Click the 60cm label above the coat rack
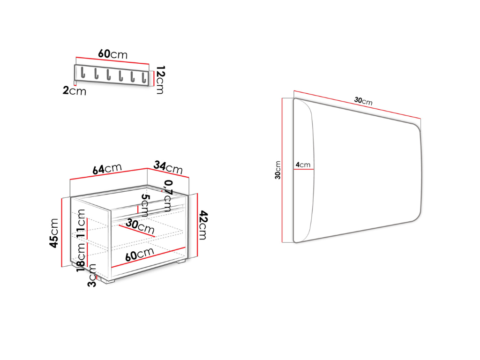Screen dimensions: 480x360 pyautogui.click(x=112, y=54)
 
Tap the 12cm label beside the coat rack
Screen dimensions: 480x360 pyautogui.click(x=160, y=80)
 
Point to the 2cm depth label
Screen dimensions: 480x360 pyautogui.click(x=75, y=90)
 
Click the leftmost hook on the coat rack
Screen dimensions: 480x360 pyautogui.click(x=82, y=73)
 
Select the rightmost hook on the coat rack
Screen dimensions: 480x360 pyautogui.click(x=143, y=77)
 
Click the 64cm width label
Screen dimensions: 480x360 pyautogui.click(x=107, y=168)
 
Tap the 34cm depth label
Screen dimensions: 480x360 pyautogui.click(x=168, y=167)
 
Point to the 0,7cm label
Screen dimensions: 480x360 pyautogui.click(x=168, y=196)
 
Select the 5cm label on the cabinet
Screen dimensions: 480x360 pyautogui.click(x=144, y=205)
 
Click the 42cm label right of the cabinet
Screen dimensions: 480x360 pyautogui.click(x=202, y=225)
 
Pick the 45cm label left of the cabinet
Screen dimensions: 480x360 pyautogui.click(x=54, y=233)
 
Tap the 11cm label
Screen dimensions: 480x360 pyautogui.click(x=81, y=223)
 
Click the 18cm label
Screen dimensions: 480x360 pyautogui.click(x=81, y=256)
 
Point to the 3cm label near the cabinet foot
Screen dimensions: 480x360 pyautogui.click(x=92, y=275)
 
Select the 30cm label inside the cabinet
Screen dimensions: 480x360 pyautogui.click(x=140, y=226)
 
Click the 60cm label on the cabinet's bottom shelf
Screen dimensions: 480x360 pyautogui.click(x=139, y=254)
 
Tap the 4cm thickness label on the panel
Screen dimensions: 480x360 pyautogui.click(x=303, y=165)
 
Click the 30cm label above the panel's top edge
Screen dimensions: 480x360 pyautogui.click(x=363, y=101)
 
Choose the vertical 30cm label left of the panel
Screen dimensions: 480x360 pyautogui.click(x=277, y=170)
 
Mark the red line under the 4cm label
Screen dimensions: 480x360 pyautogui.click(x=304, y=169)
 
